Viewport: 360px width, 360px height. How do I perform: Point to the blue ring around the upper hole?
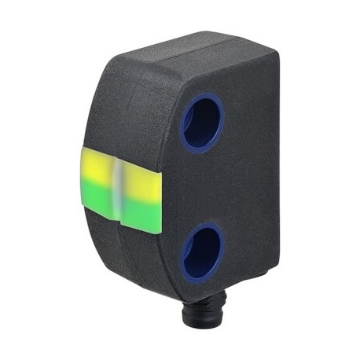point(185,118)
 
